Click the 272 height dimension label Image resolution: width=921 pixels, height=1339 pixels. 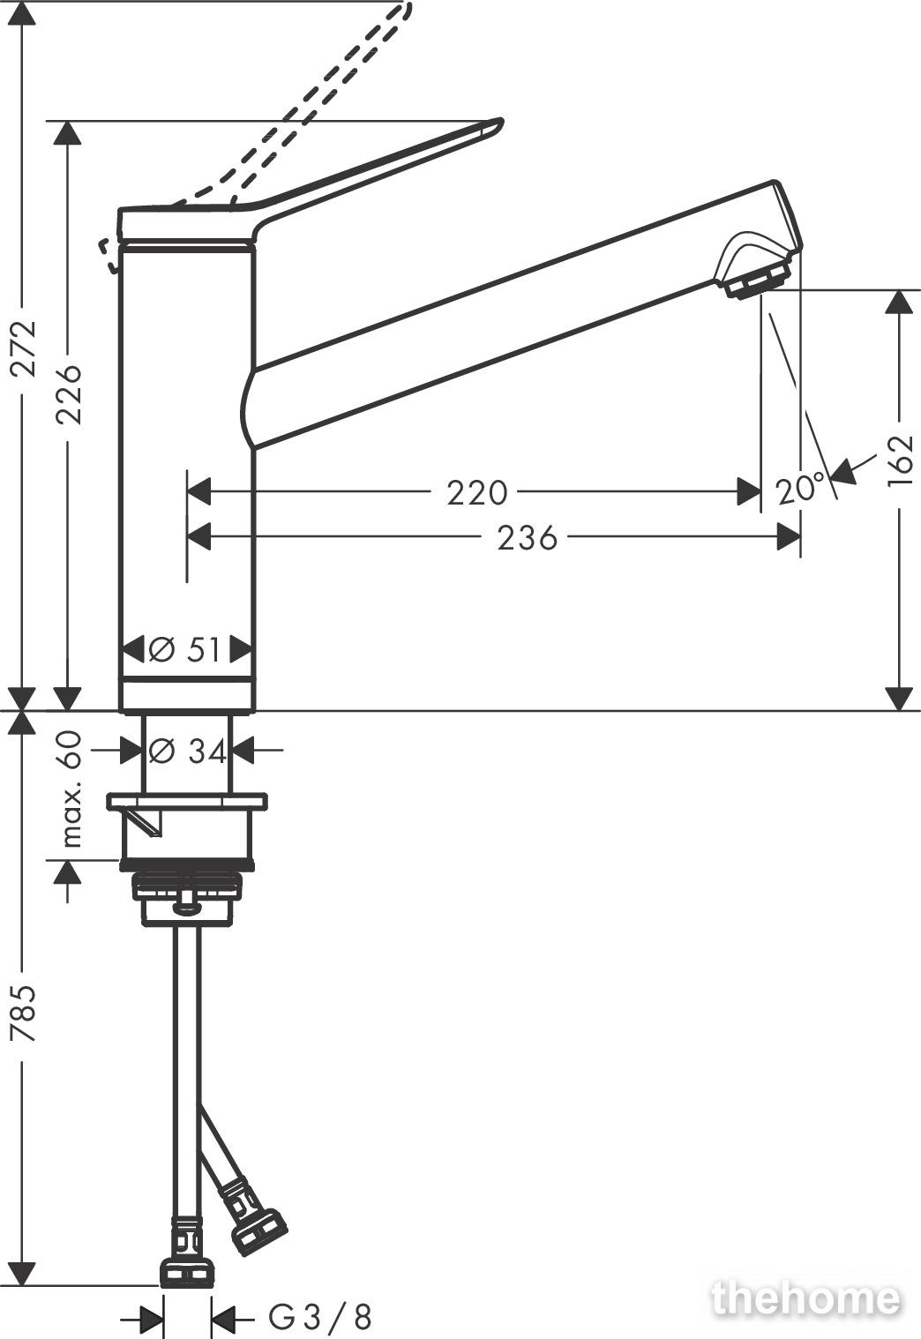(25, 348)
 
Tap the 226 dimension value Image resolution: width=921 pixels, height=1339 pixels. (68, 394)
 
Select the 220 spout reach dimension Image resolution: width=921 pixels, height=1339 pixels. (477, 493)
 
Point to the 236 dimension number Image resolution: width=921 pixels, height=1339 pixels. (528, 538)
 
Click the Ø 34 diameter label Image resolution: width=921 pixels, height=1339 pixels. (187, 751)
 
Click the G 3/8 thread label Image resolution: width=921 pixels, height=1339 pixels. (319, 1316)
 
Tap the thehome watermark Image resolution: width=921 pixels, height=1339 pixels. (805, 1298)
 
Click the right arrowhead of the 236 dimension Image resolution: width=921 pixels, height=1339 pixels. (789, 537)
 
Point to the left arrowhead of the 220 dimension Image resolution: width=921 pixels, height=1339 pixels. (199, 492)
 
